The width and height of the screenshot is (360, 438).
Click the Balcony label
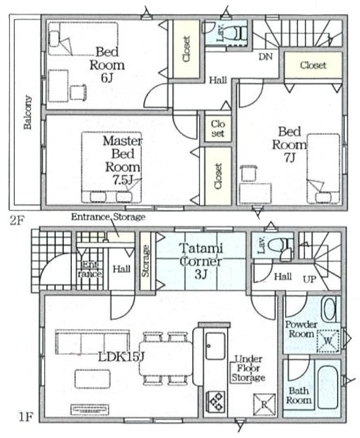point(28,112)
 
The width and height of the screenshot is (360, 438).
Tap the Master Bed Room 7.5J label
point(123,161)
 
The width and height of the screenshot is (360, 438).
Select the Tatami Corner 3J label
point(201,261)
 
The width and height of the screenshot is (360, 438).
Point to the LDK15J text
point(121,357)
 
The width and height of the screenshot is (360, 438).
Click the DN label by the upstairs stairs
point(265,56)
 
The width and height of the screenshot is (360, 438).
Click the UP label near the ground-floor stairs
point(309,279)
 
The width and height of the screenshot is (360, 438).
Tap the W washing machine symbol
point(328,341)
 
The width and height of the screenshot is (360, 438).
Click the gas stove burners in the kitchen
point(215,402)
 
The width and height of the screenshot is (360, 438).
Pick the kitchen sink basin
point(215,346)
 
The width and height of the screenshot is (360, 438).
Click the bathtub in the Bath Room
point(328,387)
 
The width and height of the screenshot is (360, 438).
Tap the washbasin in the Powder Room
point(329,309)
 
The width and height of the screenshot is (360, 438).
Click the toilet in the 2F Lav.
point(236,33)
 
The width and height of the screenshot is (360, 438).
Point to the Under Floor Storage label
point(248,368)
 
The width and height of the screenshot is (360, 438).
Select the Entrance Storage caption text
point(108,217)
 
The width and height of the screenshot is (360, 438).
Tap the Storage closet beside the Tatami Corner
point(145,261)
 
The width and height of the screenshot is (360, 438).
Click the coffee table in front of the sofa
point(92,379)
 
